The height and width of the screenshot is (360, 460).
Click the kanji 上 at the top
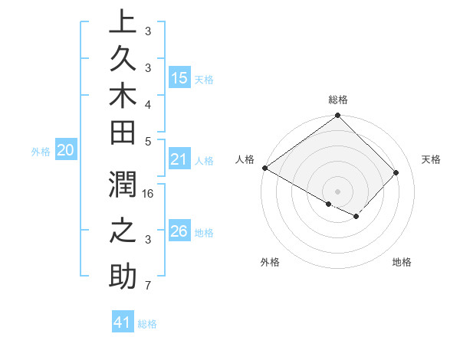click(x=123, y=23)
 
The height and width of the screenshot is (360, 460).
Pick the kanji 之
click(x=123, y=231)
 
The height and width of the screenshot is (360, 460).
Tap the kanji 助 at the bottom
click(x=123, y=276)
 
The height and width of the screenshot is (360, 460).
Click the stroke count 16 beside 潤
click(x=148, y=194)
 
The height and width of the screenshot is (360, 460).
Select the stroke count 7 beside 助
click(x=148, y=286)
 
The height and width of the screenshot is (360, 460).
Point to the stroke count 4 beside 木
click(x=148, y=104)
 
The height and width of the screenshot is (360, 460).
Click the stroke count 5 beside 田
click(x=148, y=141)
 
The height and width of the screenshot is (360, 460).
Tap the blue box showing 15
click(x=179, y=78)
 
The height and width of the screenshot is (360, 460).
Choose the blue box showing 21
click(x=179, y=160)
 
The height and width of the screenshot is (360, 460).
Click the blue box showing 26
click(x=179, y=231)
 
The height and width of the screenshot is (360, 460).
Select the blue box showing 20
click(x=66, y=151)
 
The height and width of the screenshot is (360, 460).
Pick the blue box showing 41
click(x=123, y=322)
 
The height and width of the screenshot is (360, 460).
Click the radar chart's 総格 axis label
click(x=338, y=100)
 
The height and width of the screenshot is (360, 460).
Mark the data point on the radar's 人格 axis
click(x=264, y=168)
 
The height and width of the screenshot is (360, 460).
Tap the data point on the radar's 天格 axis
click(x=396, y=172)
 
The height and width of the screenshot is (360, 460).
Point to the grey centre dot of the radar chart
click(x=338, y=191)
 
